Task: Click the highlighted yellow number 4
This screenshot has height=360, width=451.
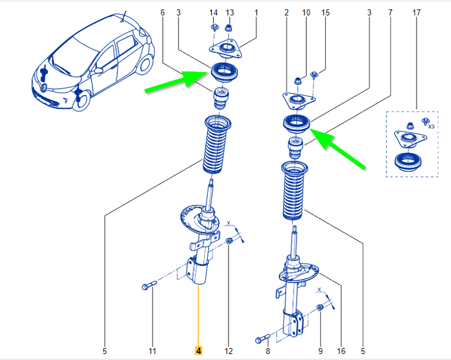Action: click(198, 350)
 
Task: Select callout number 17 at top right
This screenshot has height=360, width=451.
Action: click(416, 12)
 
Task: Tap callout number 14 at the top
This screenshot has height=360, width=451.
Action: click(214, 12)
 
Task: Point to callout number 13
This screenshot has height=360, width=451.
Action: click(230, 12)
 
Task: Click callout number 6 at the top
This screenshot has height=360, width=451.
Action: click(163, 12)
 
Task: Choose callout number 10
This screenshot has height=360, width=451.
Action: click(306, 12)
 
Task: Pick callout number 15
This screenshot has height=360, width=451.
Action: click(325, 12)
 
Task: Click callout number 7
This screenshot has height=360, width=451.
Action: click(390, 12)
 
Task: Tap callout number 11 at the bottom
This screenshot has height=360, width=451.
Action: click(152, 351)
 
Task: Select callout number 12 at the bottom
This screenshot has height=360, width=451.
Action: click(228, 351)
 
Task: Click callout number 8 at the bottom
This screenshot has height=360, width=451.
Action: click(268, 351)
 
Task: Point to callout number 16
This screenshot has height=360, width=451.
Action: click(341, 351)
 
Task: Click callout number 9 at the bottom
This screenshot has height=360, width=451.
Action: click(320, 351)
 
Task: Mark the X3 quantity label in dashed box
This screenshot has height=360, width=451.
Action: click(431, 127)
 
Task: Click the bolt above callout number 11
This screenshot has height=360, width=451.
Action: click(150, 285)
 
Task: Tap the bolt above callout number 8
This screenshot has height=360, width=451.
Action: click(263, 339)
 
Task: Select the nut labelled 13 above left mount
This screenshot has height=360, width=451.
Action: click(228, 29)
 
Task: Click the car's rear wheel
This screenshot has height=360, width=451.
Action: click(145, 65)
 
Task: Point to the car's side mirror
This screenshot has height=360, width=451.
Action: click(99, 70)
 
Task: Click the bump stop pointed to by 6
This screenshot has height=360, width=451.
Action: click(221, 98)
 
